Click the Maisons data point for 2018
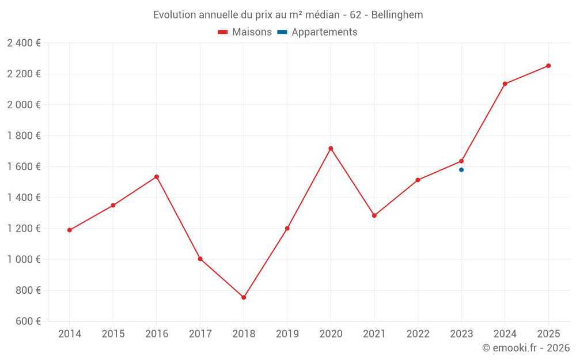pyautogui.click(x=244, y=297)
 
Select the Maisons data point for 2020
pyautogui.click(x=331, y=149)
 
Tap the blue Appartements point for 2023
pyautogui.click(x=461, y=170)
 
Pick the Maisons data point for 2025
pyautogui.click(x=548, y=66)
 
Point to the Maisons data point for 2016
pyautogui.click(x=157, y=177)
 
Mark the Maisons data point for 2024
pyautogui.click(x=505, y=84)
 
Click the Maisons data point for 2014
pyautogui.click(x=70, y=230)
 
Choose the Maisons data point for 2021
pyautogui.click(x=374, y=215)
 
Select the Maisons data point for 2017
pyautogui.click(x=200, y=259)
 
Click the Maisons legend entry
pyautogui.click(x=245, y=32)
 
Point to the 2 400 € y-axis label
pyautogui.click(x=24, y=43)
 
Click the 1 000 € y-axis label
pyautogui.click(x=24, y=259)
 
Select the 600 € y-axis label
pyautogui.click(x=27, y=321)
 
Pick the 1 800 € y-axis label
pyautogui.click(x=24, y=136)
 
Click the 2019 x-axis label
pyautogui.click(x=287, y=334)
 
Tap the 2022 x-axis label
pyautogui.click(x=418, y=334)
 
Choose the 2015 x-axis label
pyautogui.click(x=113, y=334)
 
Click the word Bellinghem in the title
pyautogui.click(x=397, y=15)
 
